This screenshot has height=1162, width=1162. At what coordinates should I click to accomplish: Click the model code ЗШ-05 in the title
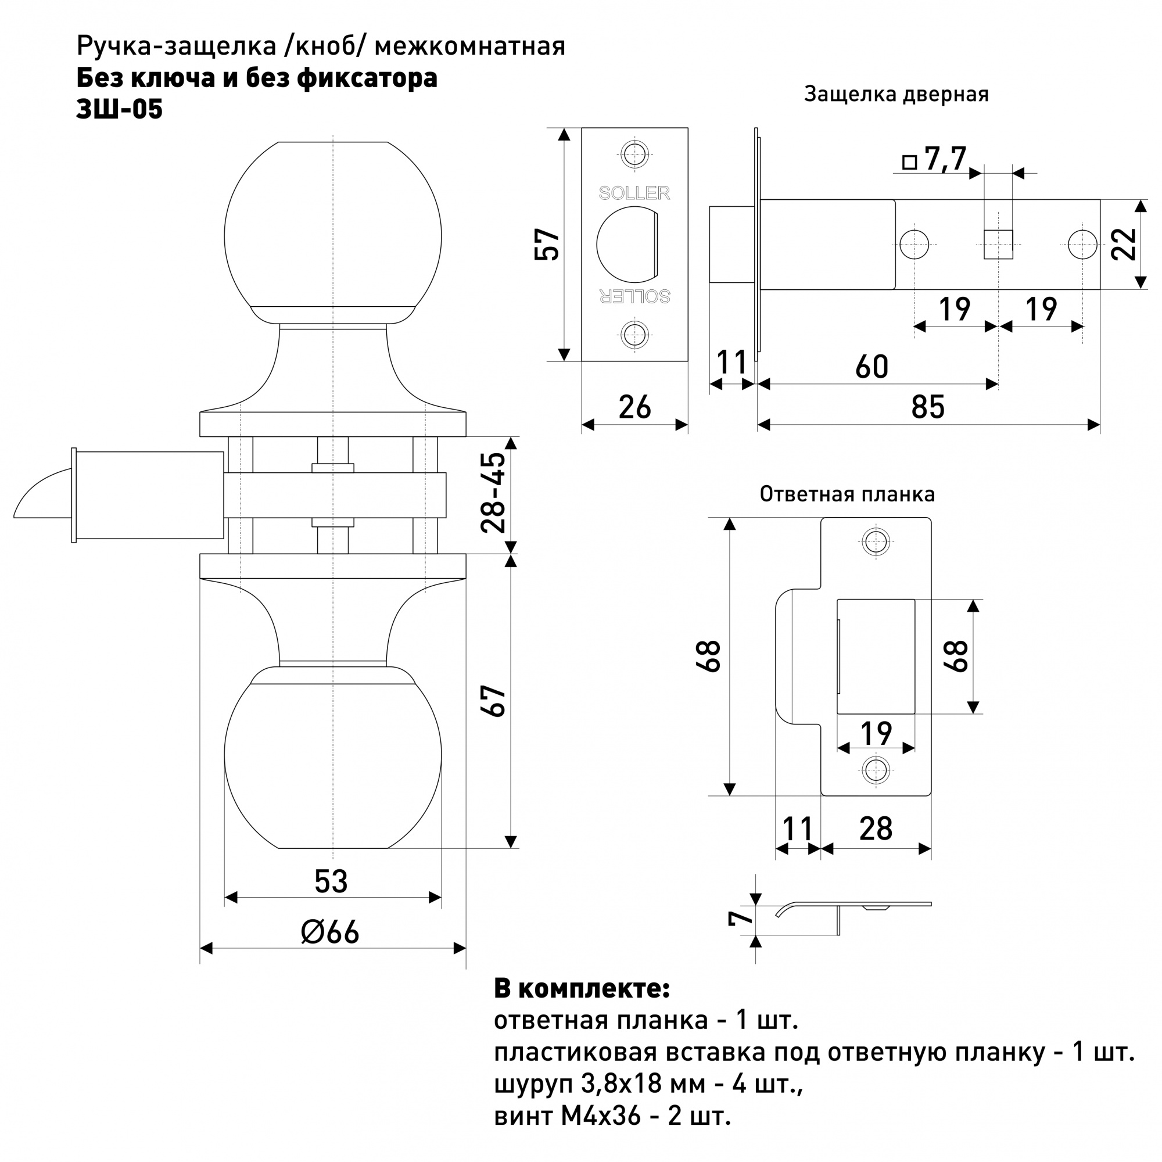(119, 109)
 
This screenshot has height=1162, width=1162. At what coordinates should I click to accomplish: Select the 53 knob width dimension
(331, 882)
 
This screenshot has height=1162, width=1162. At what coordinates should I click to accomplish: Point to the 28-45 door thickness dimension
(494, 493)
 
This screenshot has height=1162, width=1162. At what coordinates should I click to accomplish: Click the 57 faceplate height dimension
(547, 243)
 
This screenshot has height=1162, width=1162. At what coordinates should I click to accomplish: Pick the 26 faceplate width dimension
(634, 408)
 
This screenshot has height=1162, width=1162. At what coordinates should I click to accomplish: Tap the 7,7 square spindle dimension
(945, 159)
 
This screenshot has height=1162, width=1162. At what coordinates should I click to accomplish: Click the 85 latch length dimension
(928, 407)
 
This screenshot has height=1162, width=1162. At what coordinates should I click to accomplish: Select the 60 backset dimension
(871, 367)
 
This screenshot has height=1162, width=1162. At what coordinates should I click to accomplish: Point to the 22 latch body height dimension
(1124, 244)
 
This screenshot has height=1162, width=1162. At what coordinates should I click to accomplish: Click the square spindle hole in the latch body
(998, 244)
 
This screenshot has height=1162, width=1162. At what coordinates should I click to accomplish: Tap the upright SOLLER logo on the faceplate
(634, 193)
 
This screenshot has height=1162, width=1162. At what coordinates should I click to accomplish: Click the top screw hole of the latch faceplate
(634, 154)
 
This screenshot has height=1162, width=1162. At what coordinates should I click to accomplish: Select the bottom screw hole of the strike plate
(876, 769)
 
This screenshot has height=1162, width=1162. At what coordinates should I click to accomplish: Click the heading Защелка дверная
(896, 95)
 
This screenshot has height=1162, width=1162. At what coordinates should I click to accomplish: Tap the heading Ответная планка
(847, 494)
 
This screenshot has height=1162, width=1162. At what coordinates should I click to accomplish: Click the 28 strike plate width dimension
(876, 829)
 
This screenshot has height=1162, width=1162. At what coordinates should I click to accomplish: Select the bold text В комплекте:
(582, 989)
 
